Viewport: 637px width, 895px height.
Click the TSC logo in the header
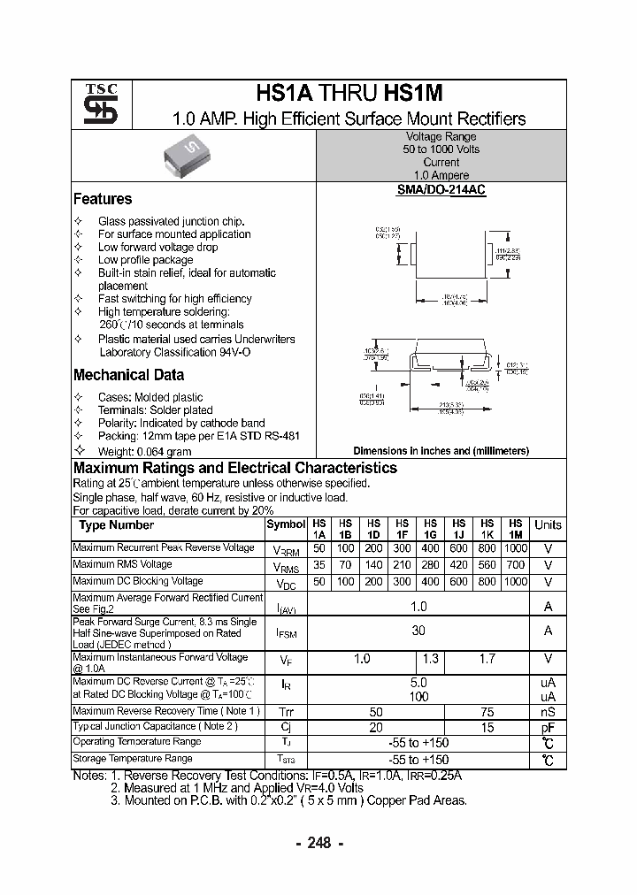coord(94,104)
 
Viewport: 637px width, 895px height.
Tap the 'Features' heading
coord(103,199)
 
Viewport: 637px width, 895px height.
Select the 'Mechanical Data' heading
coord(128,375)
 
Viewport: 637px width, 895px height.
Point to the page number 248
coord(318,843)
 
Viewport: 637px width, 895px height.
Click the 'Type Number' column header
coord(116,525)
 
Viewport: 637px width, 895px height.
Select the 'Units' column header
coord(548,525)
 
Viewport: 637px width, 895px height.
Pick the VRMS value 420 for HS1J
coord(458,565)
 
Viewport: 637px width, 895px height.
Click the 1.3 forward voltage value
coord(431,659)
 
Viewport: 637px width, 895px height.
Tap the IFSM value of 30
coord(418,631)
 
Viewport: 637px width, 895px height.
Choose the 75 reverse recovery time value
coord(487,712)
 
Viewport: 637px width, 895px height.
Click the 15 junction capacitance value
coord(487,727)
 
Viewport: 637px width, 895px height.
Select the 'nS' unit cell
coord(548,712)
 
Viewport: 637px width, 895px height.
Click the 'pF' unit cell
coord(548,727)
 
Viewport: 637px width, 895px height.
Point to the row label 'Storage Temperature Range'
coord(133,758)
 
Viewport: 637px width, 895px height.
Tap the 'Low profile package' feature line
coord(145,260)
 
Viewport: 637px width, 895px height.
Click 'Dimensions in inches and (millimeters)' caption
coord(441,451)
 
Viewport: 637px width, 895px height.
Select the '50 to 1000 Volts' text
coord(441,149)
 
